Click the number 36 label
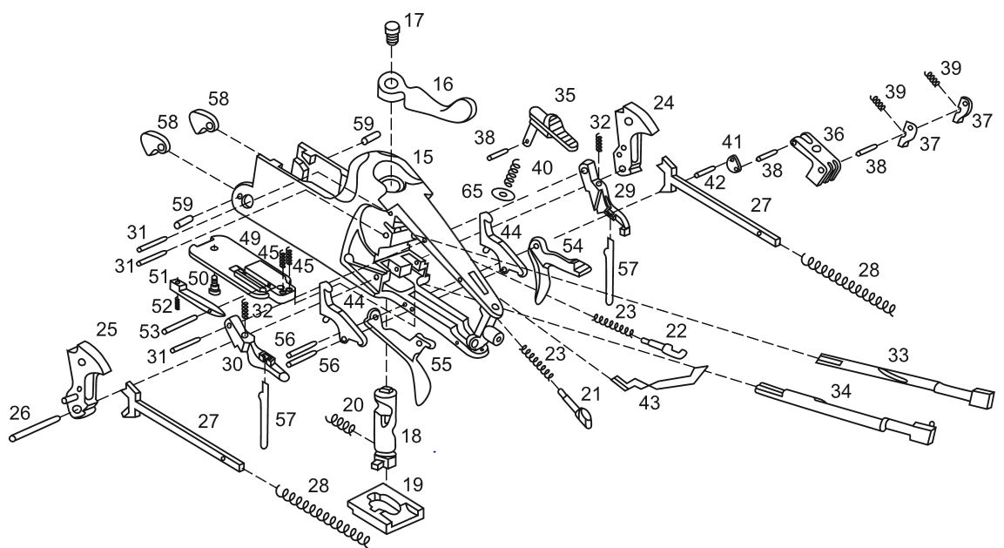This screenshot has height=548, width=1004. click(832, 135)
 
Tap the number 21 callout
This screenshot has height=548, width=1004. click(591, 394)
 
